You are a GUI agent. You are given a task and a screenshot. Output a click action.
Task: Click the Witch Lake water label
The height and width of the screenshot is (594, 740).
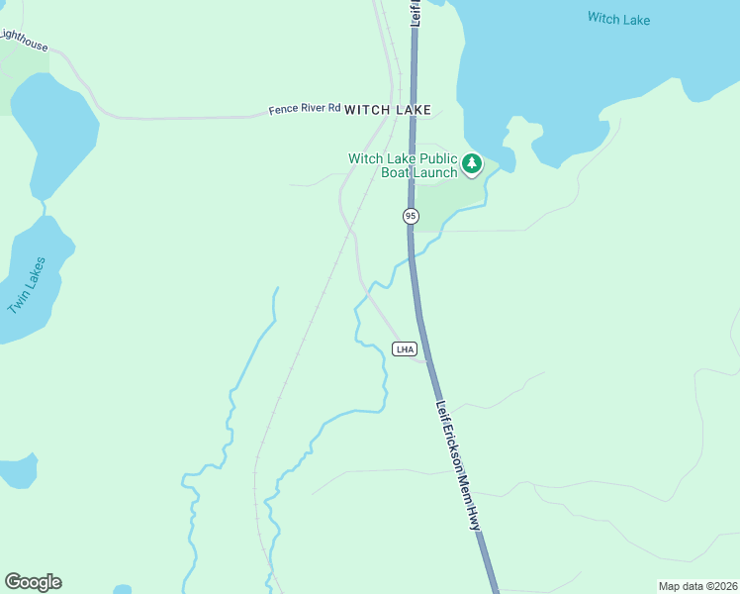click(618, 18)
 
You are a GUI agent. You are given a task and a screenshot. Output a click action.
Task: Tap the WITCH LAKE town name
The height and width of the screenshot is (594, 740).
click(388, 110)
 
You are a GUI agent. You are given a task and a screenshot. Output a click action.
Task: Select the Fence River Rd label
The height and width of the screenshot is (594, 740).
click(304, 109)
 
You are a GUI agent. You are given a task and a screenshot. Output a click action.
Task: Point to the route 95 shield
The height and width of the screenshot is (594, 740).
click(411, 216)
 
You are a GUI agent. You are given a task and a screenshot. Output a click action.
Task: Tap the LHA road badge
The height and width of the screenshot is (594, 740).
click(404, 349)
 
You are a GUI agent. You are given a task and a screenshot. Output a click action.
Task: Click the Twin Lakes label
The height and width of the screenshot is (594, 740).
click(27, 285)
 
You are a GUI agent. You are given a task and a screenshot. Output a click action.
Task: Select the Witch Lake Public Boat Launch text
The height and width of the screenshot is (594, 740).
click(403, 165)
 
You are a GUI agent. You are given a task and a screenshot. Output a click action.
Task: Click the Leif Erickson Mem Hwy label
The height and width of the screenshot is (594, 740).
click(460, 465)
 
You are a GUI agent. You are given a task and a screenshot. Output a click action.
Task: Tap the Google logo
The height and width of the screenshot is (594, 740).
click(34, 582)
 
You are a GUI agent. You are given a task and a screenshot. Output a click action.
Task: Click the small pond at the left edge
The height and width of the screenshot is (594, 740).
click(17, 470)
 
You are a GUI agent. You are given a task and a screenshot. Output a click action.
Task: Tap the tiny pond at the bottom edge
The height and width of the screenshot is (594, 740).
click(122, 590)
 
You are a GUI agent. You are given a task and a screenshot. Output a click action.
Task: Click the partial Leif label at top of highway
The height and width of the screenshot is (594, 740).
click(416, 12)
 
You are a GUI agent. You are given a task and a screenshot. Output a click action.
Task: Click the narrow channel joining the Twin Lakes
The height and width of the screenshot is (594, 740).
click(45, 208)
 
